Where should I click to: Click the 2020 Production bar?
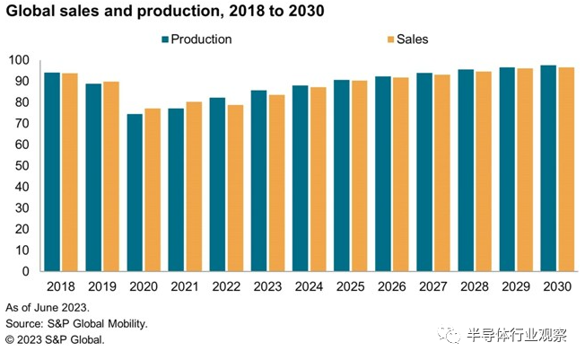click(x=135, y=192)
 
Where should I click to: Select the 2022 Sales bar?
click(x=235, y=188)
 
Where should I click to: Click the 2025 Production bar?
click(x=342, y=175)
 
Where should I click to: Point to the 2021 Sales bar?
click(x=194, y=186)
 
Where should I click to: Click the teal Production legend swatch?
click(x=165, y=40)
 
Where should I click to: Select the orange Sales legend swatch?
click(x=389, y=40)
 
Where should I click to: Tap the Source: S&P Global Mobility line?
click(x=75, y=323)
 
